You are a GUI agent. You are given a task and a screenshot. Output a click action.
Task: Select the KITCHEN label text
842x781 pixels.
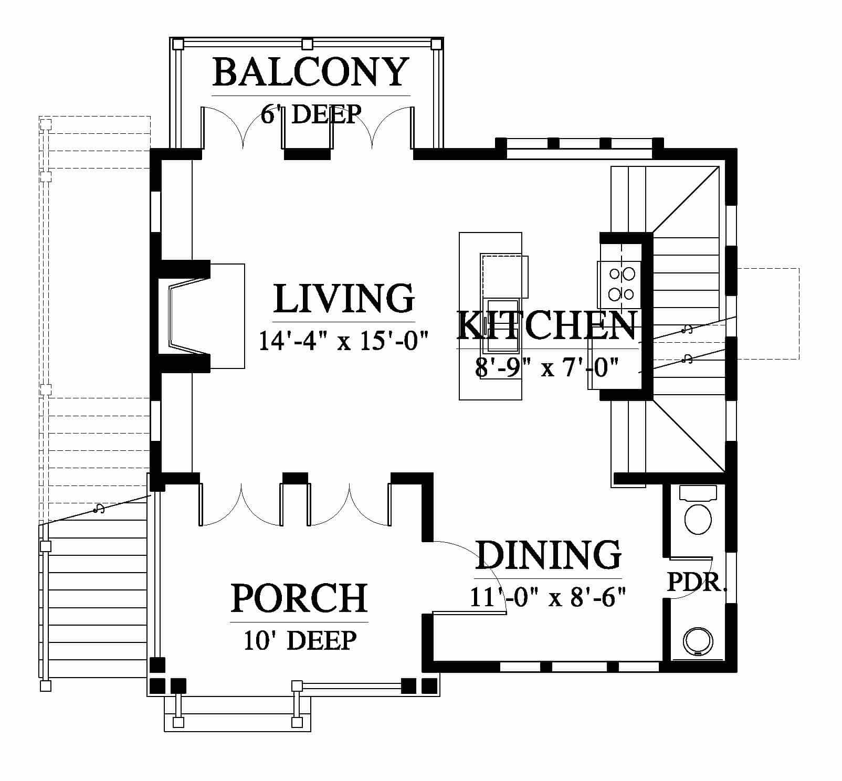click(x=547, y=325)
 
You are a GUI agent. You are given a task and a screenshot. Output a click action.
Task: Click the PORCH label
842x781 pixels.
click(x=299, y=598)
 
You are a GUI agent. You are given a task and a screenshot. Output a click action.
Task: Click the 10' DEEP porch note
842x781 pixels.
click(x=300, y=640)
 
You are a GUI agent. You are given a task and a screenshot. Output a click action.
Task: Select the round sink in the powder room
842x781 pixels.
click(x=698, y=641)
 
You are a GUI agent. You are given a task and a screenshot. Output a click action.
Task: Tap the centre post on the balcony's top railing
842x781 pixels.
click(x=308, y=44)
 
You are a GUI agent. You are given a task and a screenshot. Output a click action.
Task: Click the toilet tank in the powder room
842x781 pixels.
click(x=698, y=493)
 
